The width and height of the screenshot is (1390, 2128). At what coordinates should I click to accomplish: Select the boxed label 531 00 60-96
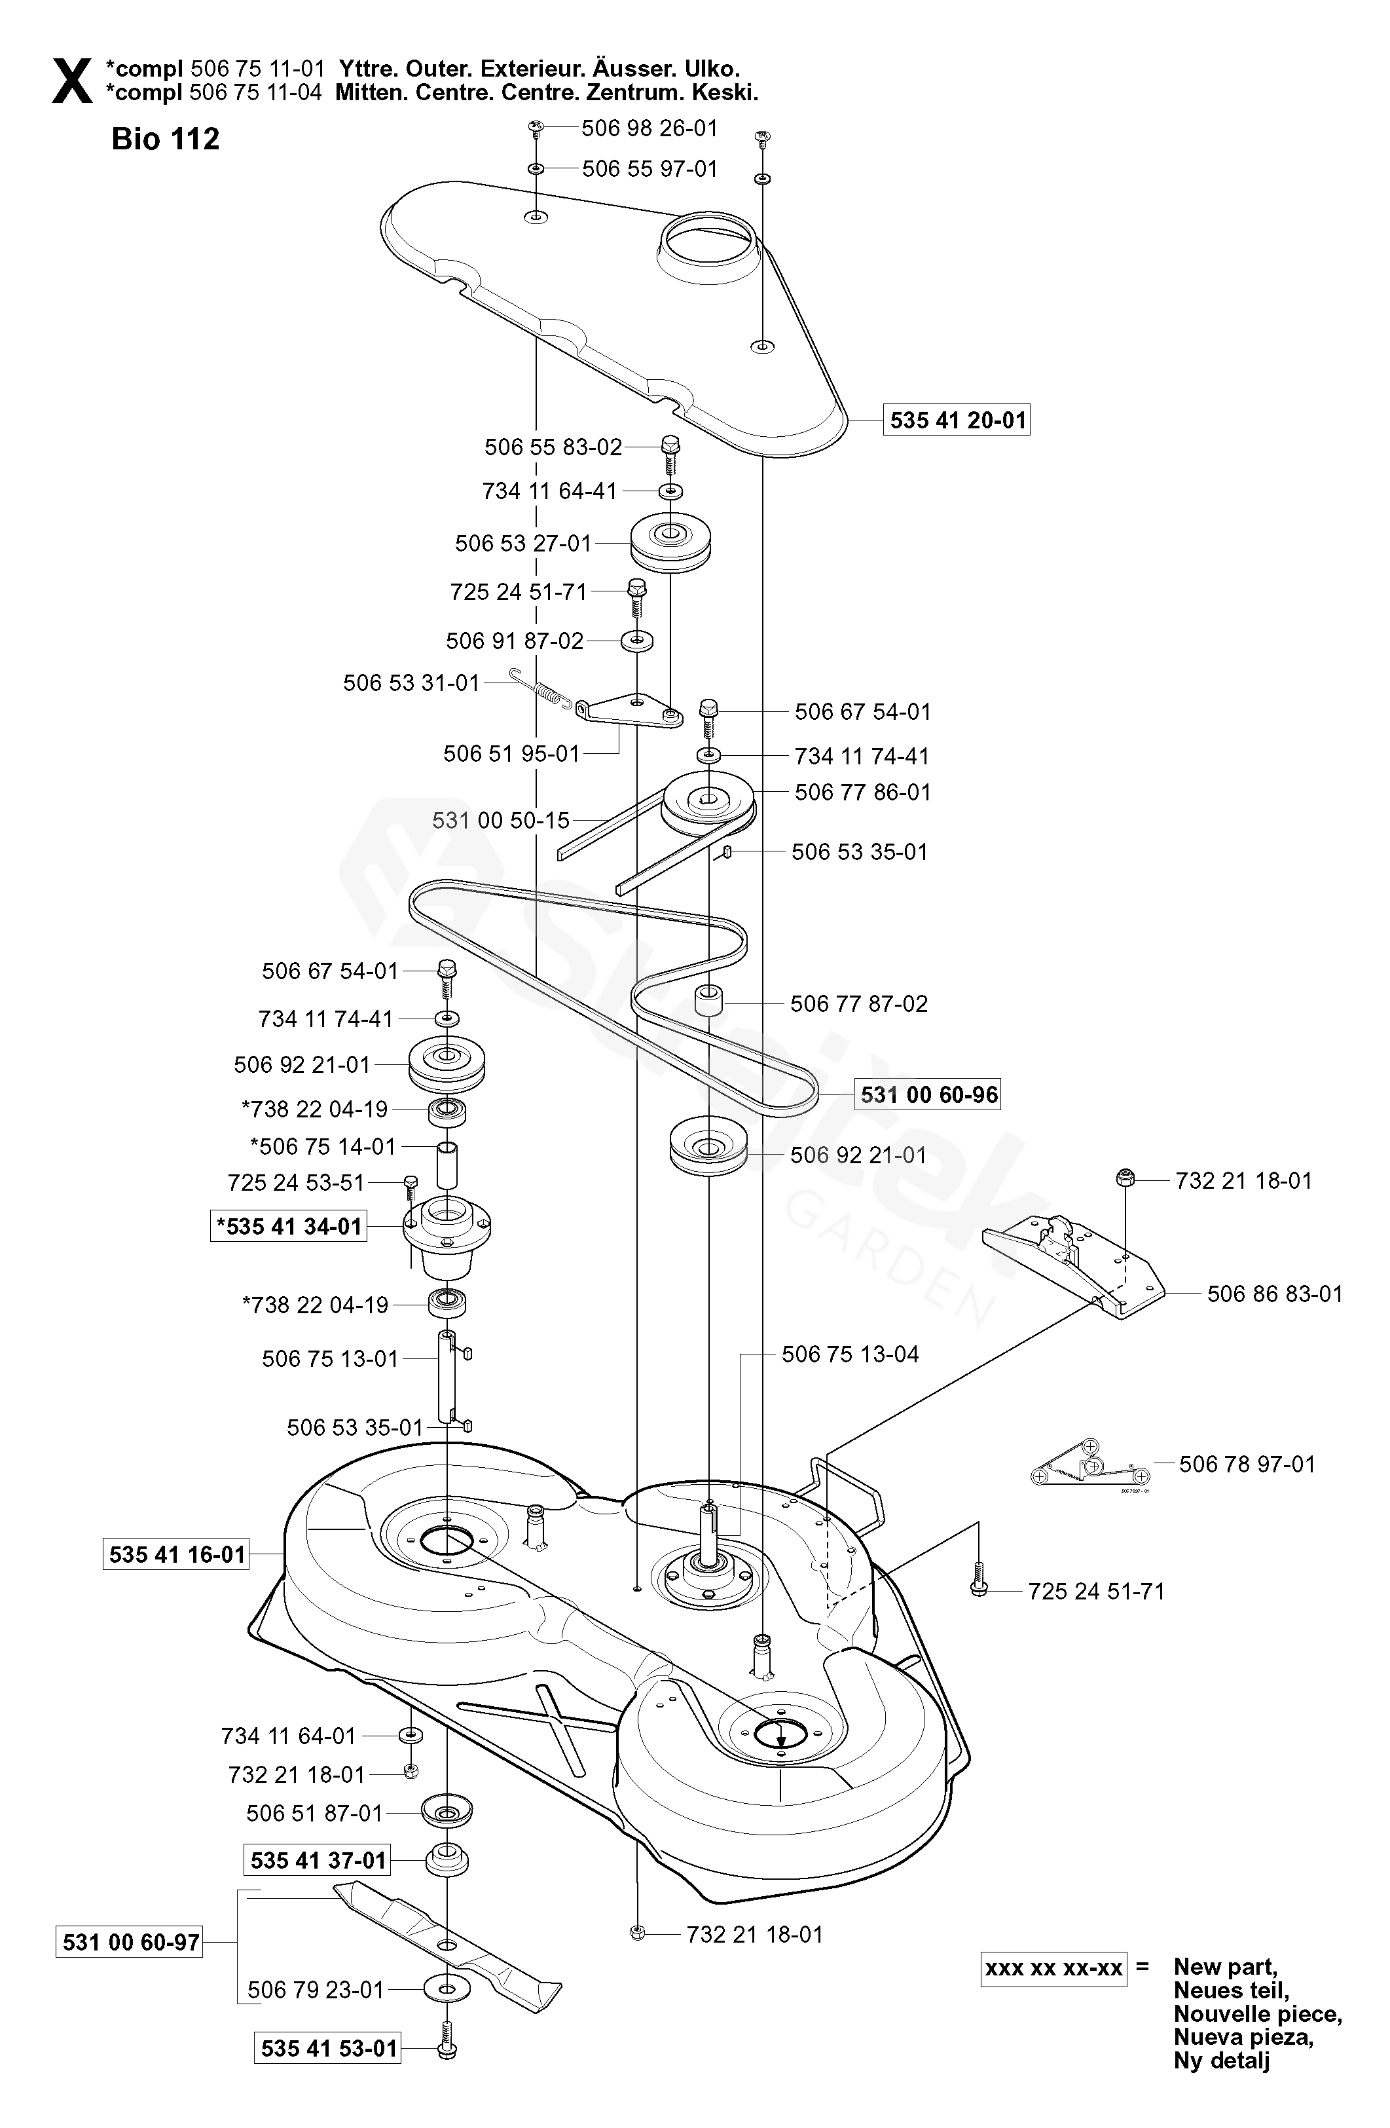(x=929, y=1094)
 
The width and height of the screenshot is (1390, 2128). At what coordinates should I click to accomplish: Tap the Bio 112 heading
(x=166, y=139)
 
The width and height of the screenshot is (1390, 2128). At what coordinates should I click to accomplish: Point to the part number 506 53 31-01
(x=411, y=683)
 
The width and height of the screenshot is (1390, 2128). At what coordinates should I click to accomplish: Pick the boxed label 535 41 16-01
(x=177, y=1555)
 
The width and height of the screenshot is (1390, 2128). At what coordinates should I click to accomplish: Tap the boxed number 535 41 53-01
(x=329, y=2047)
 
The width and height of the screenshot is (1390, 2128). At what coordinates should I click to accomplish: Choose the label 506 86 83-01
(x=1275, y=1294)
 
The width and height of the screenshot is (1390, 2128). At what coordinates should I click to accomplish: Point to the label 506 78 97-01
(x=1247, y=1464)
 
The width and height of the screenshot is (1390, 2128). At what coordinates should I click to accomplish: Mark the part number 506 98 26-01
(x=650, y=128)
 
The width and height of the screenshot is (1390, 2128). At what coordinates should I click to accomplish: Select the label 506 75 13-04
(x=850, y=1354)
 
